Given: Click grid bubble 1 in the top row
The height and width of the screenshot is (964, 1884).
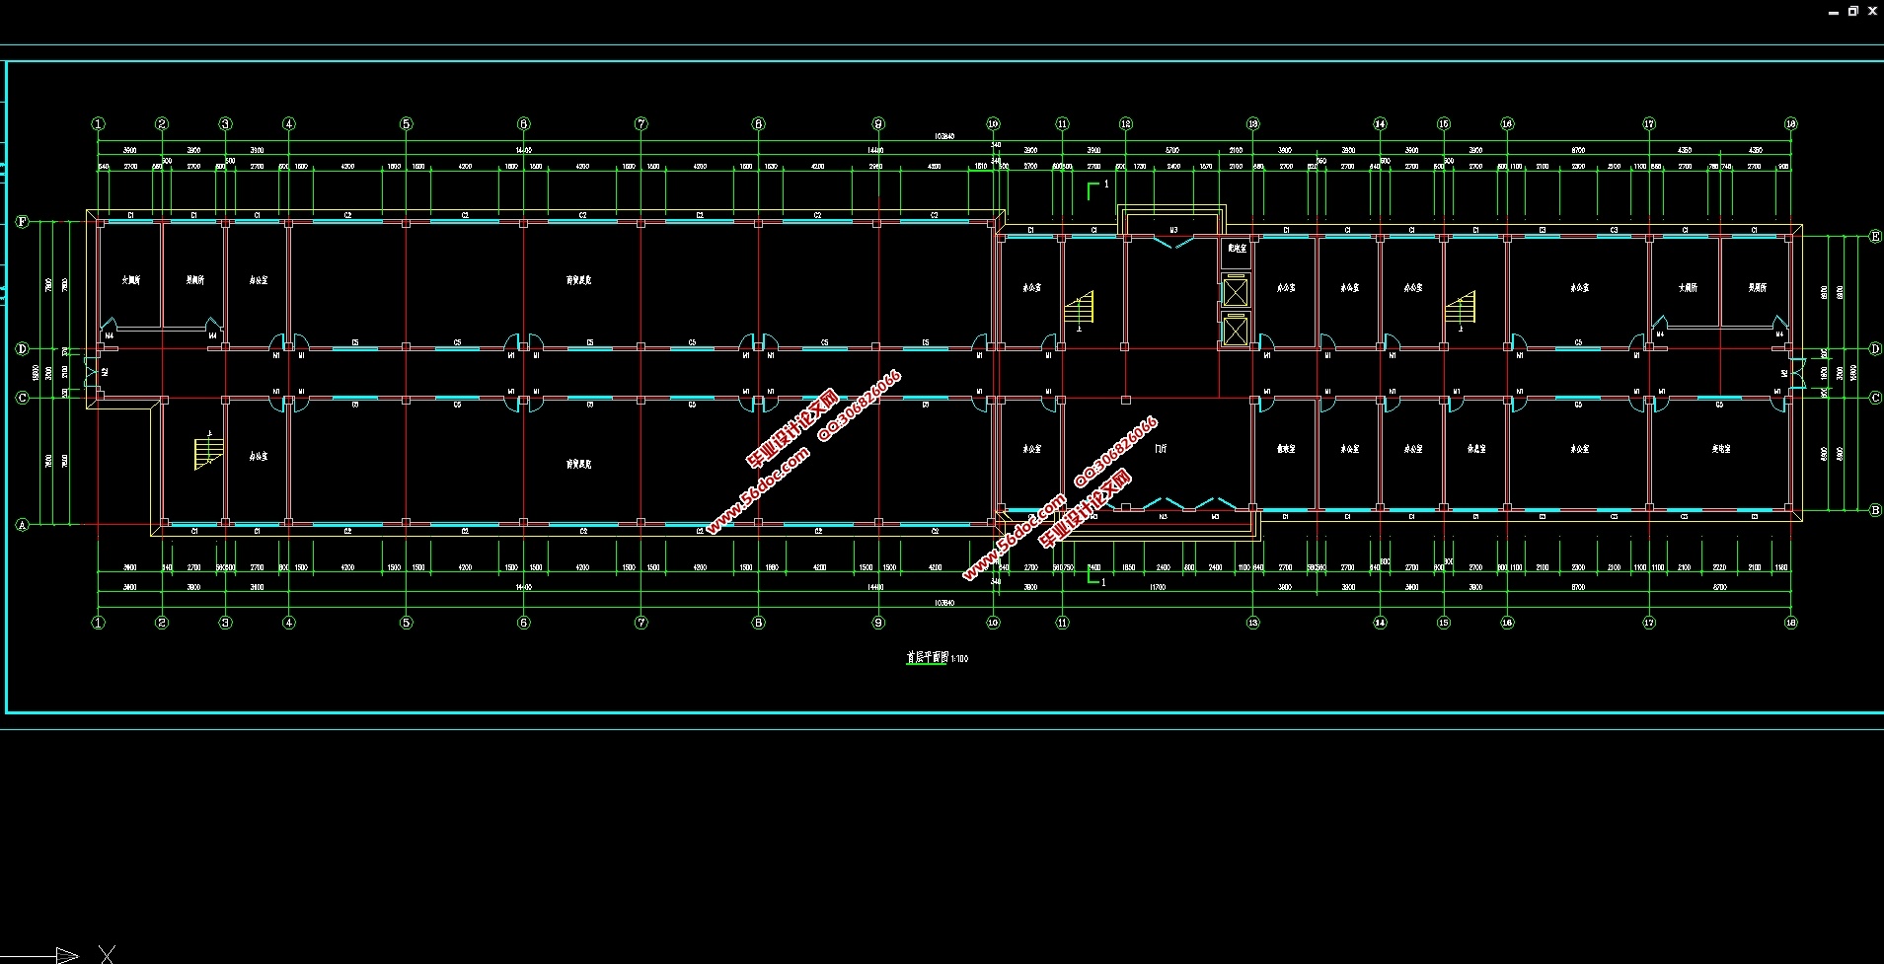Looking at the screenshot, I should pyautogui.click(x=98, y=124).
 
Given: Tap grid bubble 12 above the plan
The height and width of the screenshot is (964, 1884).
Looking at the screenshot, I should pyautogui.click(x=1126, y=124).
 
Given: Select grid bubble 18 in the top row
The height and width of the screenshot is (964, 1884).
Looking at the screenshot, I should pyautogui.click(x=1791, y=124).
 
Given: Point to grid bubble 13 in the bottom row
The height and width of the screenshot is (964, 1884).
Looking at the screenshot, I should pyautogui.click(x=1253, y=623).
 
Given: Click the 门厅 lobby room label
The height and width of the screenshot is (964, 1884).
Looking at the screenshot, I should pyautogui.click(x=1161, y=448).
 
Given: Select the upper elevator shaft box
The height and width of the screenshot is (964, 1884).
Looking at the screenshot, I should pyautogui.click(x=1236, y=292).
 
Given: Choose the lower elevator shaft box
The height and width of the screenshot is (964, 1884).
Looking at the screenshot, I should pyautogui.click(x=1236, y=330).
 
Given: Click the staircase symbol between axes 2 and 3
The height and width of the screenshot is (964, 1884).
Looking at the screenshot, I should pyautogui.click(x=208, y=452).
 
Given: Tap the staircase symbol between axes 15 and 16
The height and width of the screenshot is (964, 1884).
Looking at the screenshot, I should pyautogui.click(x=1460, y=309).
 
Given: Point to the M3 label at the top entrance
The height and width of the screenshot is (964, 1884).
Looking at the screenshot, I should pyautogui.click(x=1173, y=231).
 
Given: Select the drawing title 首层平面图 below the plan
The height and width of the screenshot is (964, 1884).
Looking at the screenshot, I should pyautogui.click(x=928, y=657).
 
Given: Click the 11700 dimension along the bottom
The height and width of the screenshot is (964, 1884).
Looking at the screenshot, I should pyautogui.click(x=1158, y=587).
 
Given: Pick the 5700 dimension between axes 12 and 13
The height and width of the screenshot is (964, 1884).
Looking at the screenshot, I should pyautogui.click(x=1172, y=151).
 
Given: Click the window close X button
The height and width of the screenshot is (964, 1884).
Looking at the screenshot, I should pyautogui.click(x=1872, y=11).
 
